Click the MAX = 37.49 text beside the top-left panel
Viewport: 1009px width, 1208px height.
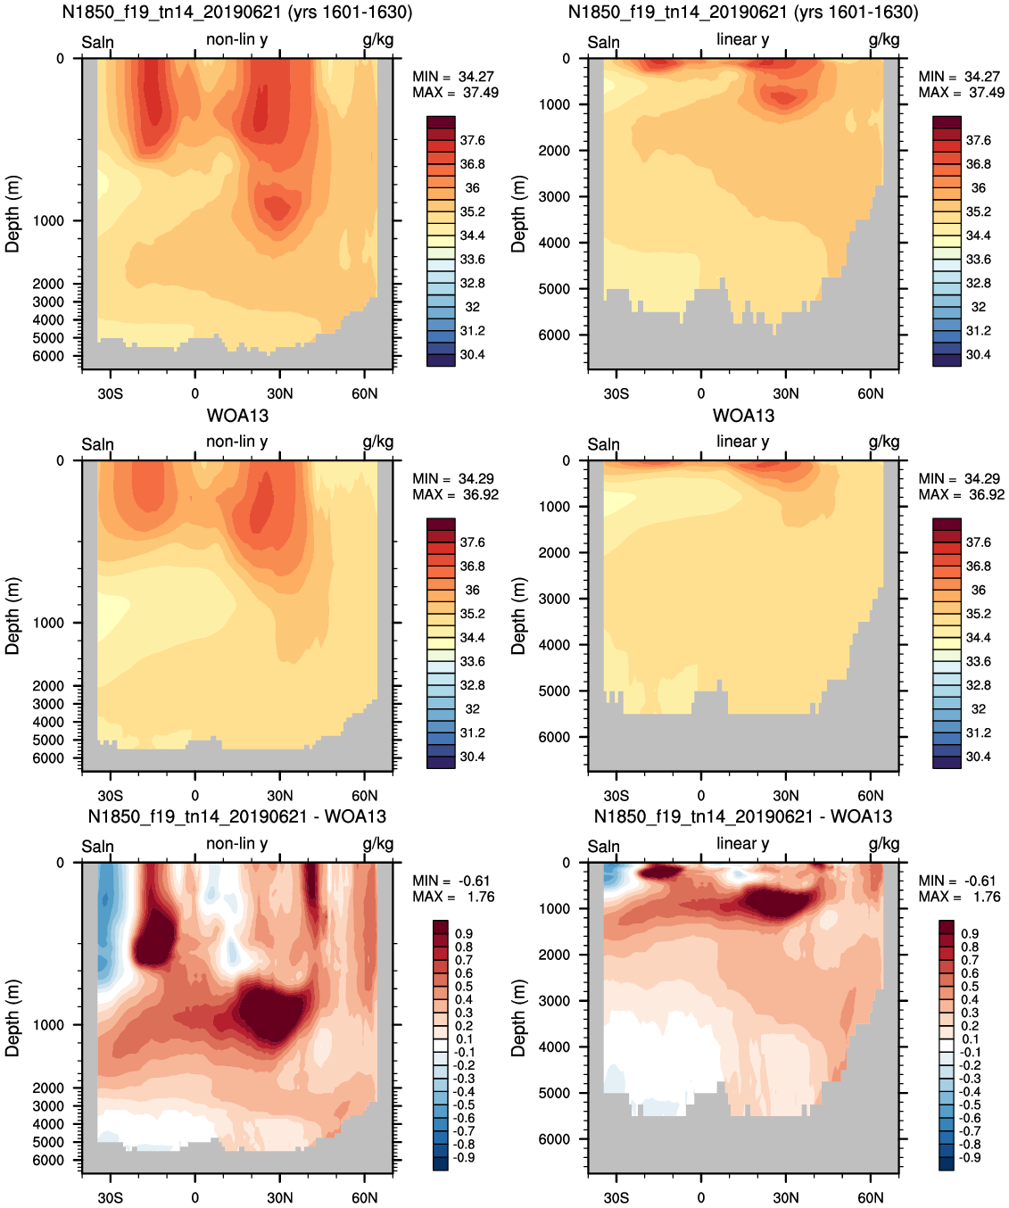[x=455, y=93]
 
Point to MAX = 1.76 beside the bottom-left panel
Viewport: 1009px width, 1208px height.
[x=453, y=897]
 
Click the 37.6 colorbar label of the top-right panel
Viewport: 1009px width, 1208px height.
[x=979, y=140]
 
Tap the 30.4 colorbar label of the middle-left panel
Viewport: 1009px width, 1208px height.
[x=472, y=757]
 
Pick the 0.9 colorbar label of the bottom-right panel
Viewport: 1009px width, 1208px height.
[x=971, y=933]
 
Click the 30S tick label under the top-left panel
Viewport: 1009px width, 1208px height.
[x=110, y=394]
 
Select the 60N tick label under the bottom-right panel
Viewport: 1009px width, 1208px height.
[x=871, y=1197]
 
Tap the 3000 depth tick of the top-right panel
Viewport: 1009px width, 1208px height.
[x=554, y=196]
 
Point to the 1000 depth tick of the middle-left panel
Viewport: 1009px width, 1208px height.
[x=48, y=623]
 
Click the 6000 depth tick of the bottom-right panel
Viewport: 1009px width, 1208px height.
[x=554, y=1139]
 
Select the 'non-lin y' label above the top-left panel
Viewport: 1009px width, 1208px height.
[x=236, y=39]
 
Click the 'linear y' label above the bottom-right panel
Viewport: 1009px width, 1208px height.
[x=743, y=844]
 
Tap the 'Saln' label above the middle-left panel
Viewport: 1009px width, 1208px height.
[x=98, y=444]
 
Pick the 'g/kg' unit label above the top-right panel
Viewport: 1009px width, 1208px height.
[x=884, y=40]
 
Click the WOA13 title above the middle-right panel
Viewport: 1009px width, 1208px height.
[x=743, y=416]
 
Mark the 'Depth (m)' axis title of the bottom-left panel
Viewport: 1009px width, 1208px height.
[x=12, y=1019]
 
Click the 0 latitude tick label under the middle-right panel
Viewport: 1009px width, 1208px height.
[x=701, y=796]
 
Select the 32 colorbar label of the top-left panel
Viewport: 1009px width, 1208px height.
[x=472, y=307]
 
